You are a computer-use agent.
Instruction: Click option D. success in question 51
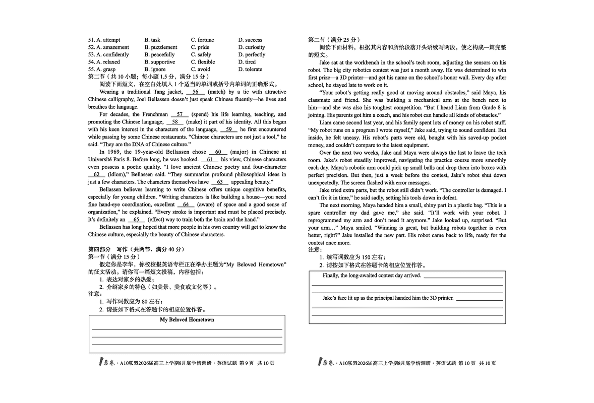tap(250, 40)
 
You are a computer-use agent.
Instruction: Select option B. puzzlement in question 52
tap(160, 47)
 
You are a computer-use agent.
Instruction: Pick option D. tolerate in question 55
tap(250, 70)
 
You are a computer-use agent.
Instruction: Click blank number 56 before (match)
tap(195, 92)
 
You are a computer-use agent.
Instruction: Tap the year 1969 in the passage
tap(112, 152)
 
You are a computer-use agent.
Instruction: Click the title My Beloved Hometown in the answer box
tap(187, 320)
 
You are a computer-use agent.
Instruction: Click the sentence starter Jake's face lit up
tap(388, 298)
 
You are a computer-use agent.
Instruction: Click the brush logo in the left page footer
tap(101, 362)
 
